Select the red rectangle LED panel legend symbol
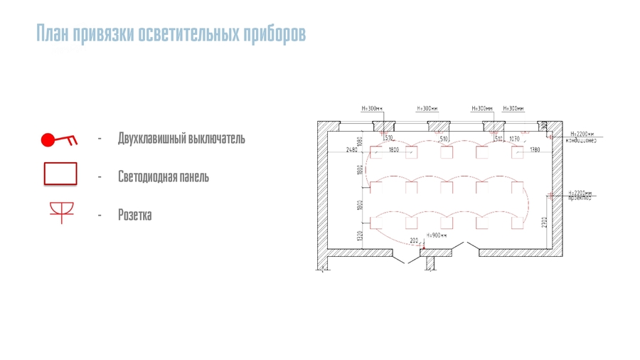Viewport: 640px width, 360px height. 60,174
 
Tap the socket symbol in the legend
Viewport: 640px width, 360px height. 60,212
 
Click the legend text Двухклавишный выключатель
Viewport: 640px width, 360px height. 181,138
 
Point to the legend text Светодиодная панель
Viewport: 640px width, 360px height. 164,176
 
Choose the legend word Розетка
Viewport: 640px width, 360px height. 134,215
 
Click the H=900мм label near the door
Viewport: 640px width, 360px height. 436,235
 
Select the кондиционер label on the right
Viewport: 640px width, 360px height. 581,140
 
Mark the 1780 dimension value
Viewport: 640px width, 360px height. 535,150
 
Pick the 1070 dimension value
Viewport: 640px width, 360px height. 514,139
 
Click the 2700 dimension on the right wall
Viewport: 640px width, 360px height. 543,221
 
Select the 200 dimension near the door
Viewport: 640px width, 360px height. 414,240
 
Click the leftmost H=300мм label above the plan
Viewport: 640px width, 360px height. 372,109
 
